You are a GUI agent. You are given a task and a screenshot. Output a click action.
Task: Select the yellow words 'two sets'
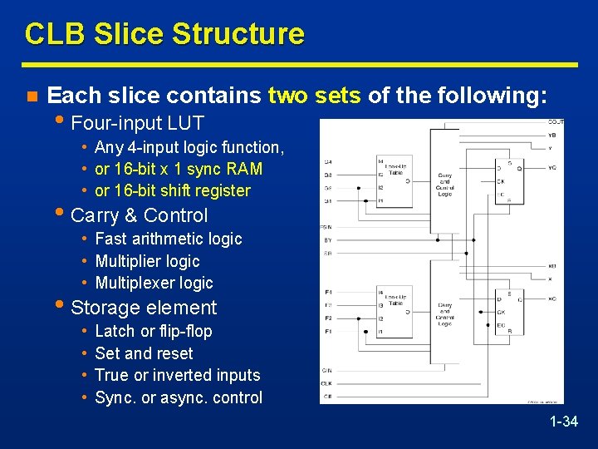click(x=314, y=96)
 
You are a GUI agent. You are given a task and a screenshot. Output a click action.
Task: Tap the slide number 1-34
click(x=563, y=422)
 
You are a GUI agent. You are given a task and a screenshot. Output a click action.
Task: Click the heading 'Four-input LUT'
click(x=138, y=124)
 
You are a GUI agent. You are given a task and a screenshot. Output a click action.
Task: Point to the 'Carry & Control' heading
click(x=140, y=215)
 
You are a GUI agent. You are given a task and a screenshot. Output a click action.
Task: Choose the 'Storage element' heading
click(x=144, y=308)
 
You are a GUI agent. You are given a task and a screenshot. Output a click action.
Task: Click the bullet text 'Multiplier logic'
click(x=148, y=261)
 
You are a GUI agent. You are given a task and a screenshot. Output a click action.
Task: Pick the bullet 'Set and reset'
click(x=144, y=353)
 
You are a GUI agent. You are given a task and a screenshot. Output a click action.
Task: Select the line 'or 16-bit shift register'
click(x=173, y=190)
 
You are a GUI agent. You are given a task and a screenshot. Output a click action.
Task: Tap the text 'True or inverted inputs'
click(x=178, y=375)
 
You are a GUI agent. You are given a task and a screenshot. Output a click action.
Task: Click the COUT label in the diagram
click(x=556, y=122)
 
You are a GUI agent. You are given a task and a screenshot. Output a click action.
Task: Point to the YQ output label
click(x=552, y=167)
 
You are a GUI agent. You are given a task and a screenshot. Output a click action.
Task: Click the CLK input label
click(x=327, y=383)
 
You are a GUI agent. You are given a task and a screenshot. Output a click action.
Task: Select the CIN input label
click(x=327, y=369)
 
